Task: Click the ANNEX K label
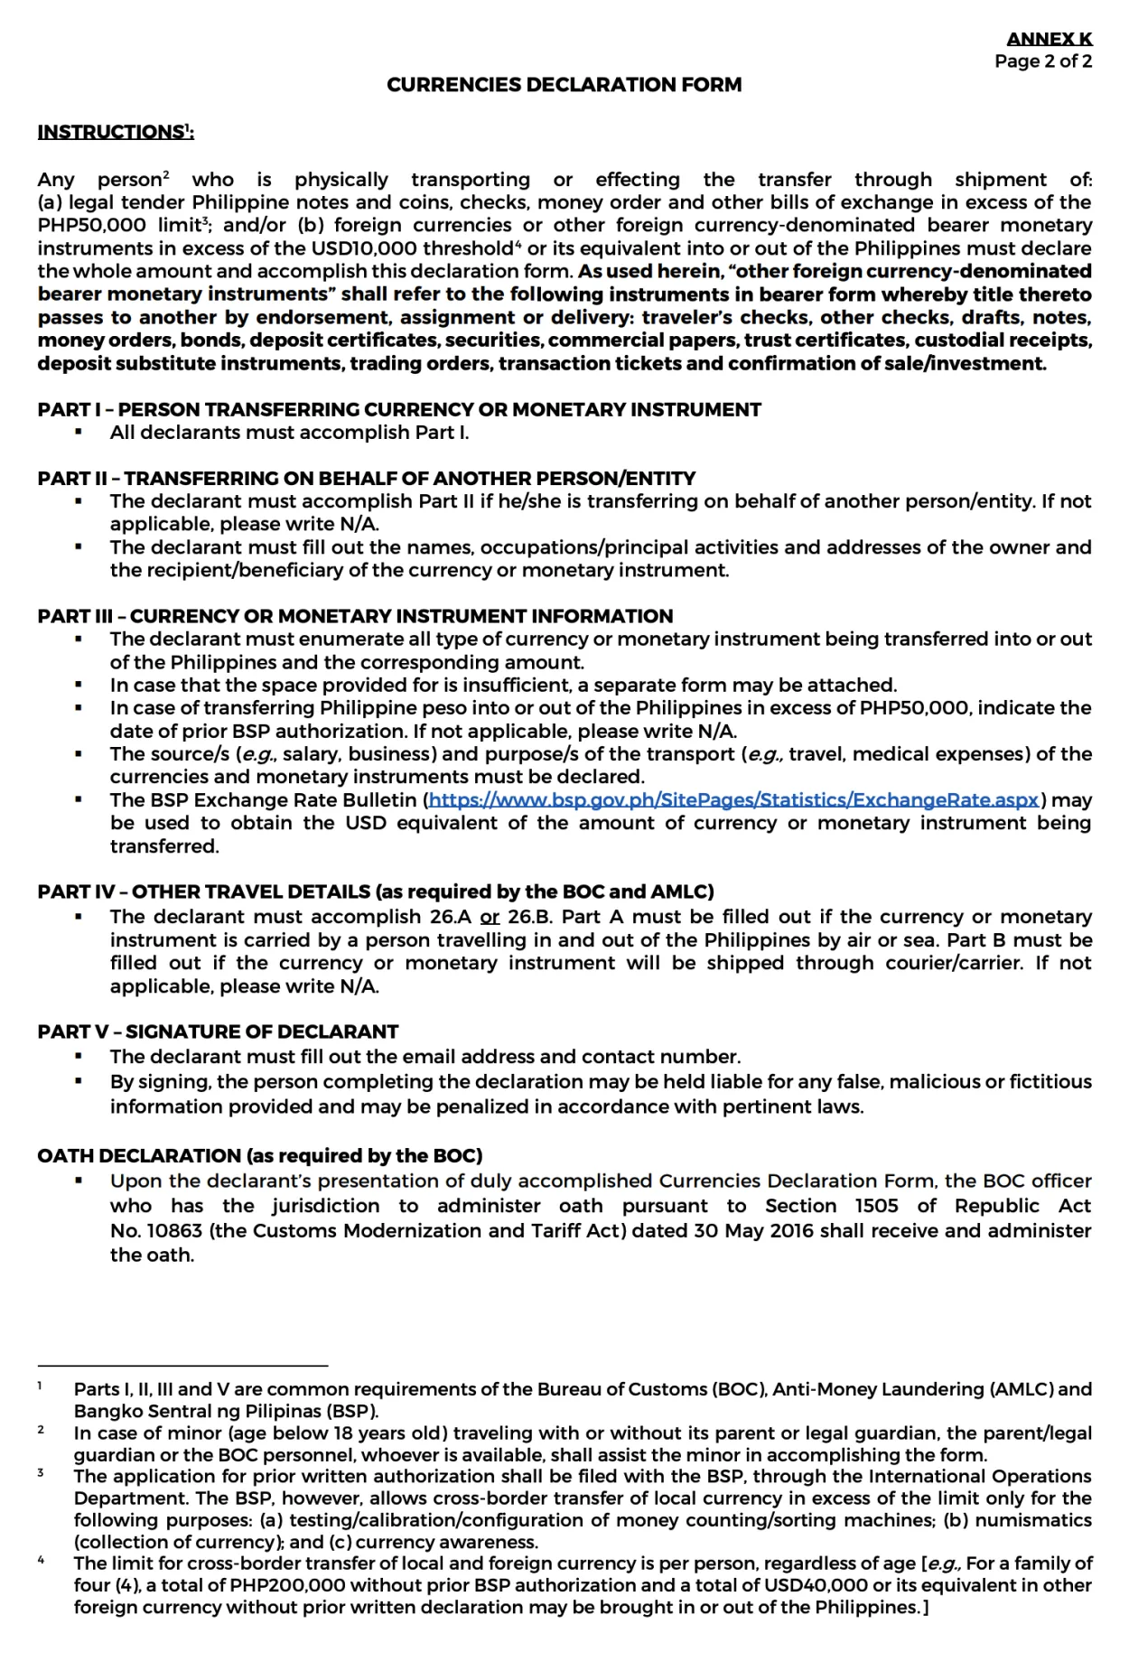1049,39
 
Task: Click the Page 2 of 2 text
1043,61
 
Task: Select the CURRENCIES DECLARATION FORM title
564,85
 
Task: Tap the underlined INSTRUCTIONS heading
115,132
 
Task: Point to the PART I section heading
398,410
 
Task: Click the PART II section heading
366,479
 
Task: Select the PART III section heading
355,616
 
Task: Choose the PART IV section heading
375,892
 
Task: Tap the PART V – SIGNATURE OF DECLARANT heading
218,1032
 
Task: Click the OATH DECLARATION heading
259,1156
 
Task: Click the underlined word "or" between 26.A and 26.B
490,917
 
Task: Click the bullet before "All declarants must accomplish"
79,433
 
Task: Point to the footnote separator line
182,1367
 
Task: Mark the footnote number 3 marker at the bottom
41,1473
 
